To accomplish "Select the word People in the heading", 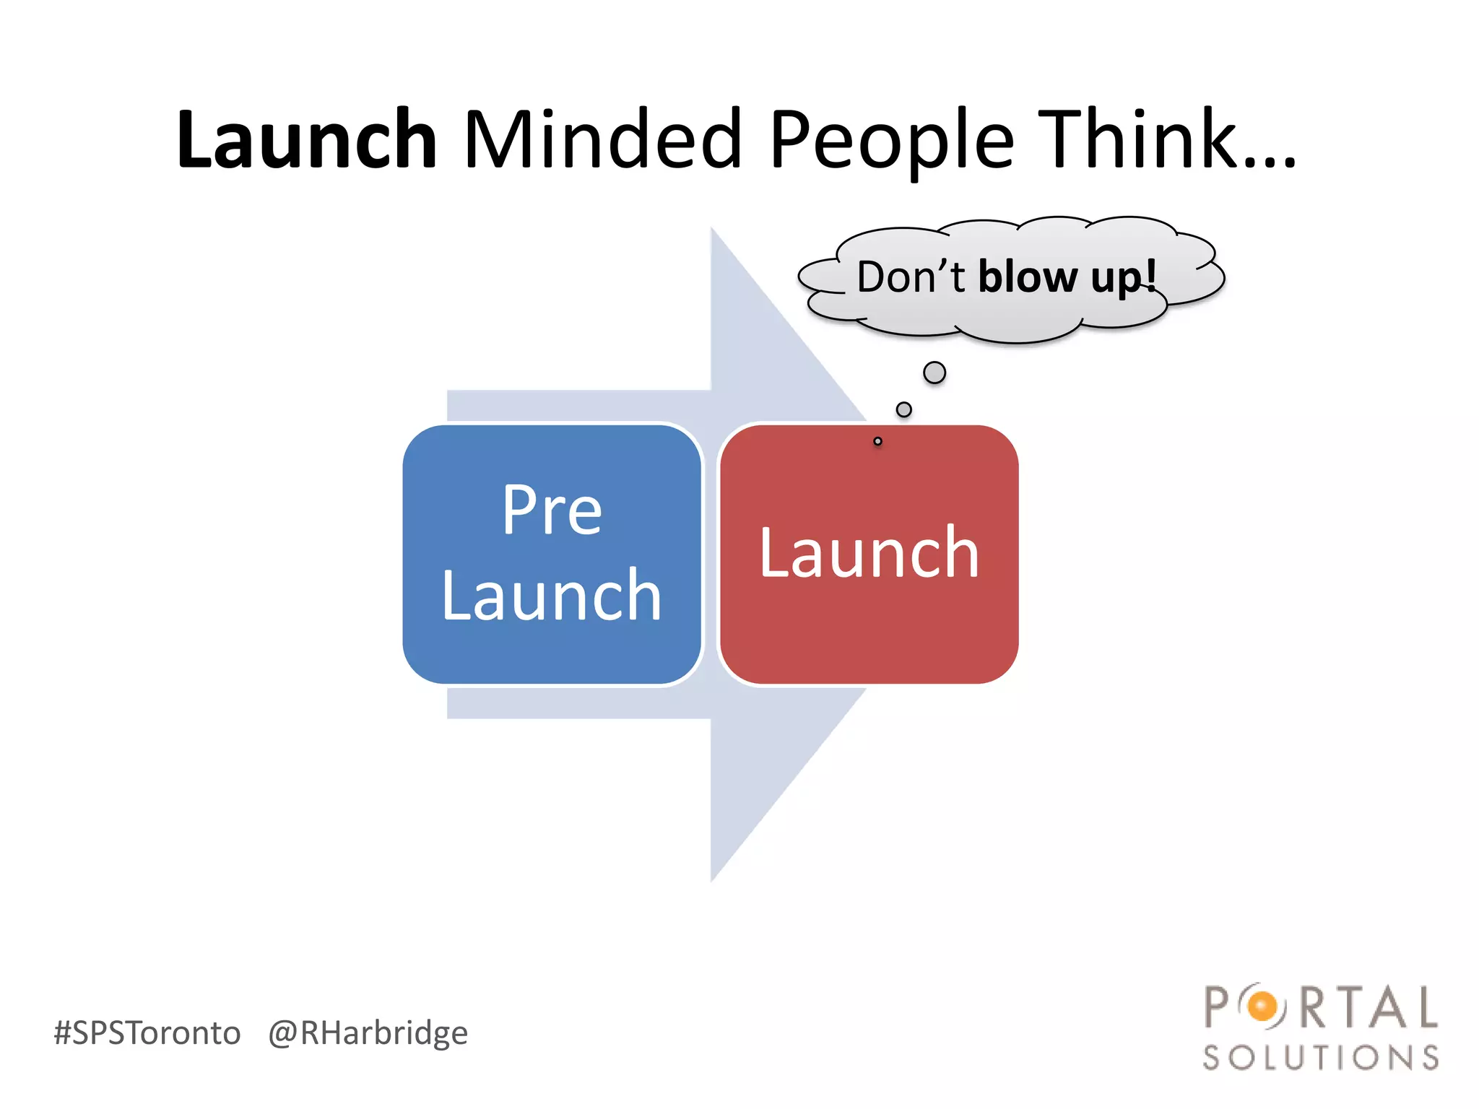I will [x=892, y=141].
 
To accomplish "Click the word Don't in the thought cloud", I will [x=911, y=277].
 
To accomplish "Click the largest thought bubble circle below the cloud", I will [x=934, y=373].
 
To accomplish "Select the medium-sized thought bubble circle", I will [x=903, y=409].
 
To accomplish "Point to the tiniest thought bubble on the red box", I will [x=877, y=441].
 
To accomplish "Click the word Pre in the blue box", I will [x=552, y=510].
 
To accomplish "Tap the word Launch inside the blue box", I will [x=552, y=596].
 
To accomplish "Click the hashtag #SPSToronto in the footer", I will [x=147, y=1032].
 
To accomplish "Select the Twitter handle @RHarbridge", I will [x=368, y=1033].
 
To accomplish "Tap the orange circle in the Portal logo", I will [x=1262, y=1006].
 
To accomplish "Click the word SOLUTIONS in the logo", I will [x=1321, y=1058].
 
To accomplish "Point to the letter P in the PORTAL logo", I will [x=1218, y=1006].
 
